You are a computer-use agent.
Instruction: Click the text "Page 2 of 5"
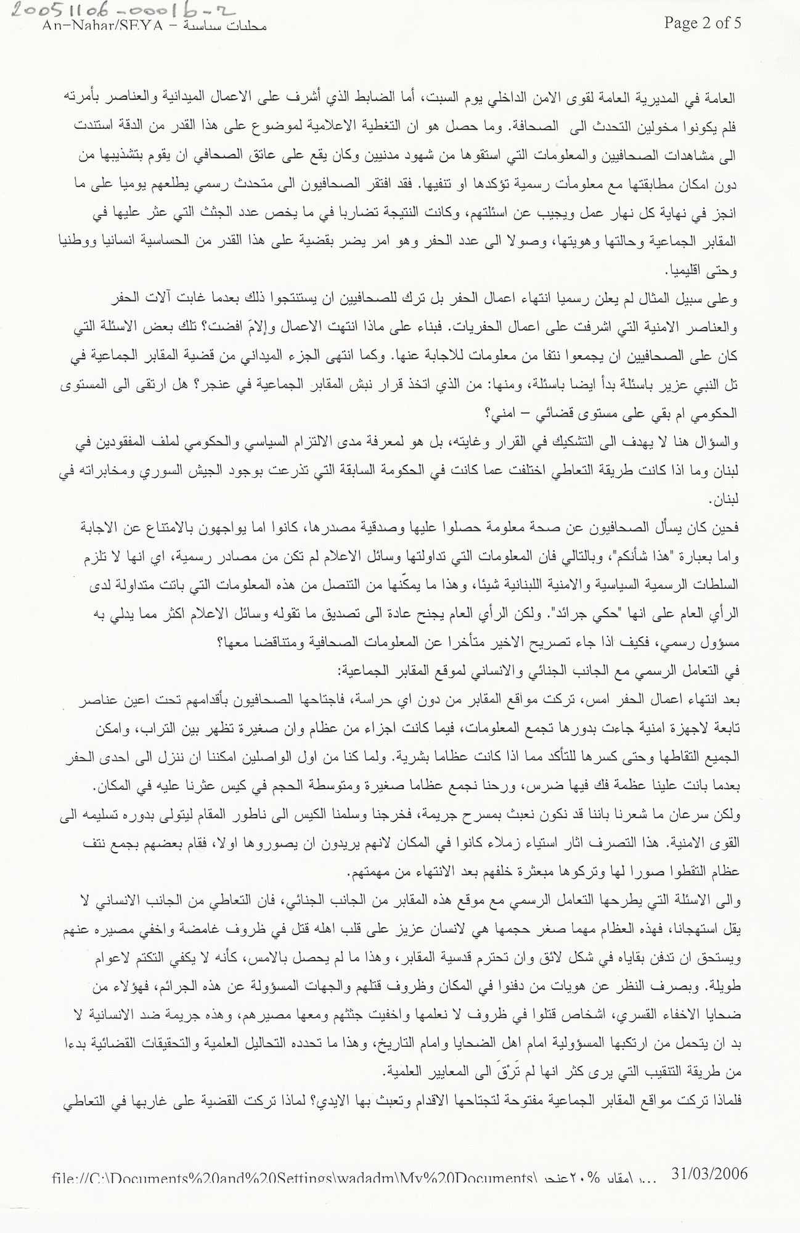702,23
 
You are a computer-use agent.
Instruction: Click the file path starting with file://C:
293,1178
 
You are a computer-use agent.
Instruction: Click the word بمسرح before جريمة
494,816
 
